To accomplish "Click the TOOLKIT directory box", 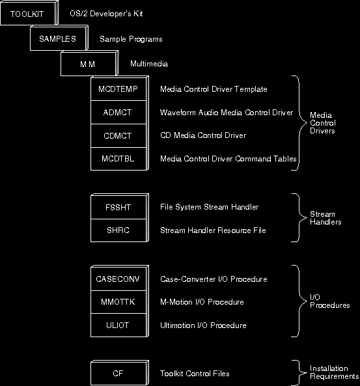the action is pyautogui.click(x=29, y=13).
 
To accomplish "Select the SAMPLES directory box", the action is pyautogui.click(x=59, y=38).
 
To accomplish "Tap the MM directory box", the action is pyautogui.click(x=89, y=64).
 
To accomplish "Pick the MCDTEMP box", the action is pyautogui.click(x=118, y=89).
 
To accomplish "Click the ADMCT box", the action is pyautogui.click(x=118, y=112).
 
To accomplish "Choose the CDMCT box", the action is pyautogui.click(x=118, y=135).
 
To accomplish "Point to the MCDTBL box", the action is pyautogui.click(x=118, y=159).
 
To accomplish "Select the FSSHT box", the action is pyautogui.click(x=118, y=207).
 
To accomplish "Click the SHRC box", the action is pyautogui.click(x=118, y=230).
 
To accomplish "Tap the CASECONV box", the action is pyautogui.click(x=118, y=279).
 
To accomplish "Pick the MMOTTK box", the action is pyautogui.click(x=118, y=302).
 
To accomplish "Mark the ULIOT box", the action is pyautogui.click(x=118, y=325).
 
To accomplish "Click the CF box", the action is pyautogui.click(x=120, y=373).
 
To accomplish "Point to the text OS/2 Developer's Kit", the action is pyautogui.click(x=106, y=14).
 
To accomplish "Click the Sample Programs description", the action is pyautogui.click(x=131, y=39).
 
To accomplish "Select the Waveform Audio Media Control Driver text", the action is pyautogui.click(x=227, y=113).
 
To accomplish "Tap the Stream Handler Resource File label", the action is pyautogui.click(x=213, y=230).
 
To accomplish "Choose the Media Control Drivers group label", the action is pyautogui.click(x=323, y=123).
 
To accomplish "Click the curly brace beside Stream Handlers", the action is pyautogui.click(x=299, y=217).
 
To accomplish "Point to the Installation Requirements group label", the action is pyautogui.click(x=334, y=372).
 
